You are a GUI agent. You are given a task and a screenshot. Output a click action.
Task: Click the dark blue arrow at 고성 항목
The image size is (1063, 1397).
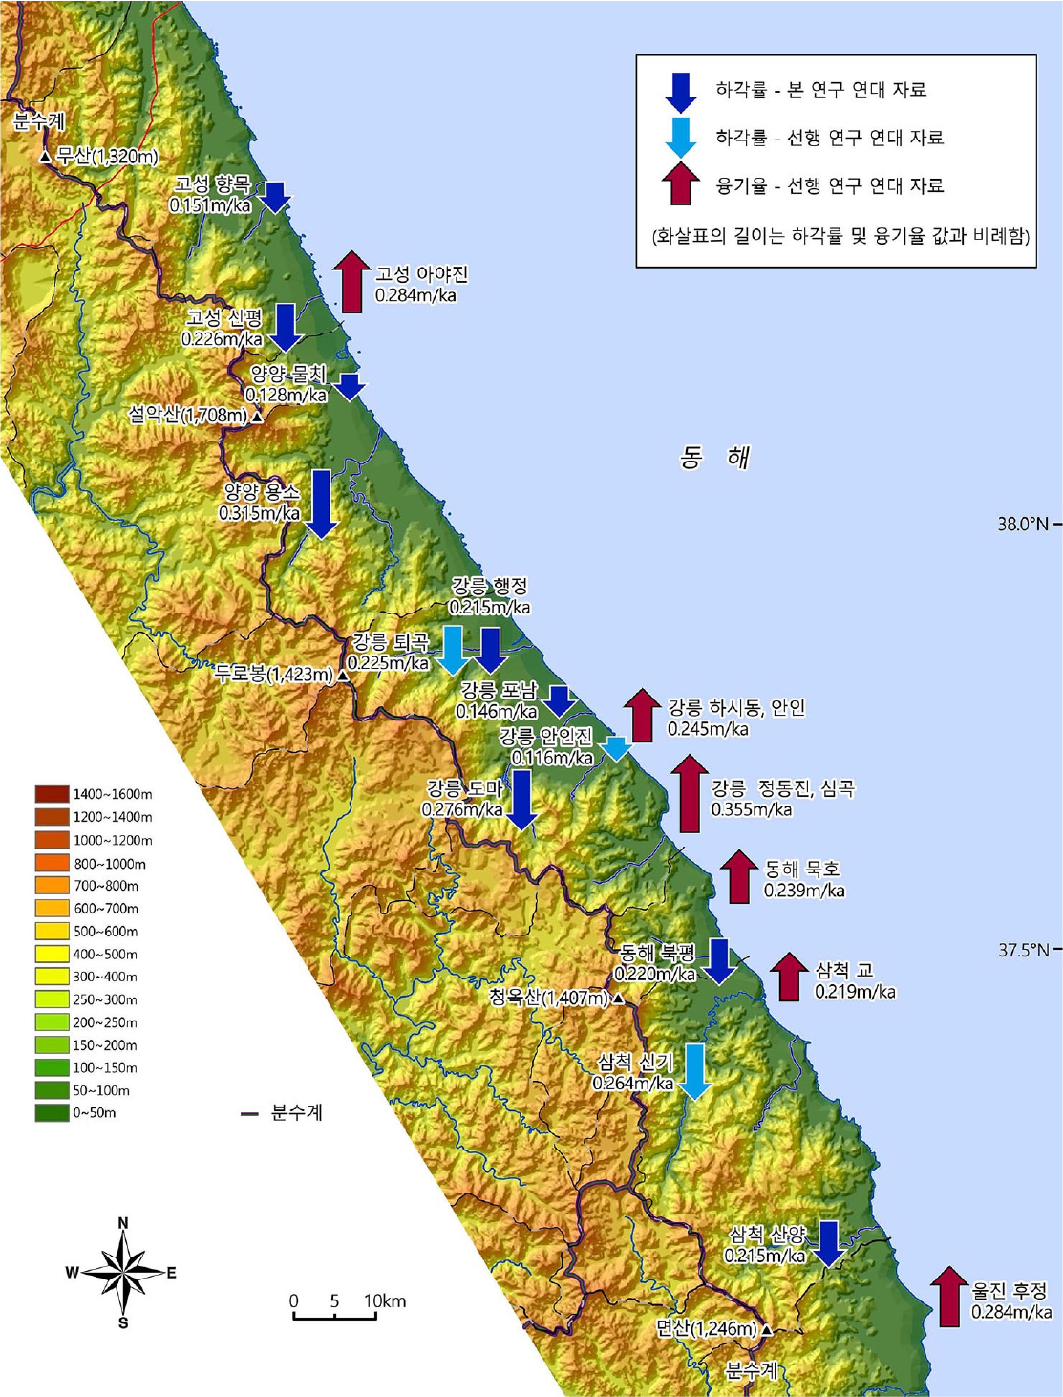[274, 196]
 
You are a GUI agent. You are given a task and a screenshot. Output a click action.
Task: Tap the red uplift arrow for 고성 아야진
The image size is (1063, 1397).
[352, 282]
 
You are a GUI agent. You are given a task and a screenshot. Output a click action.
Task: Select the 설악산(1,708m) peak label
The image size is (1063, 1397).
[188, 415]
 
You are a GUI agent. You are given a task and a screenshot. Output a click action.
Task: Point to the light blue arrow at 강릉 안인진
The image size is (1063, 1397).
[617, 748]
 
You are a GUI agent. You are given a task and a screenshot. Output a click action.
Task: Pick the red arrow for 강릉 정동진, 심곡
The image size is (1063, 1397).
[689, 793]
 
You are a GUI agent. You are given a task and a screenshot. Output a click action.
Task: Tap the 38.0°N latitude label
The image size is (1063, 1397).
[1022, 524]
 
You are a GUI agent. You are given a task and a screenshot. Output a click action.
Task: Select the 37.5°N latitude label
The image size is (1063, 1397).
[1022, 950]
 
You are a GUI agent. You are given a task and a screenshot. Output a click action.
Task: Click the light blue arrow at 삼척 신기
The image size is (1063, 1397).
[695, 1071]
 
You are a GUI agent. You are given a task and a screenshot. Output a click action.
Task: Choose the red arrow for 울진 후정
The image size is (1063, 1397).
[948, 1297]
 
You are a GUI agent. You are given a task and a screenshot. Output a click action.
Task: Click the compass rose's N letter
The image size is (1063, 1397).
[123, 1223]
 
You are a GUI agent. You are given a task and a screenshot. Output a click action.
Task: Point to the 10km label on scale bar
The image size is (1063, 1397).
[384, 1300]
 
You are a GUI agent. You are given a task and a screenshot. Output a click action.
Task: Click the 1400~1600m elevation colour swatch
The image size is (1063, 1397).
[52, 794]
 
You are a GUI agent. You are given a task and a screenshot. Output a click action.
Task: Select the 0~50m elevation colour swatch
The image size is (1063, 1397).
[52, 1112]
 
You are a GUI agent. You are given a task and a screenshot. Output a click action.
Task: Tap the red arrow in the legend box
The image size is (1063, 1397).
[681, 183]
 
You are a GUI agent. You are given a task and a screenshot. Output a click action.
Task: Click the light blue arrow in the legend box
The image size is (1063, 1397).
[681, 137]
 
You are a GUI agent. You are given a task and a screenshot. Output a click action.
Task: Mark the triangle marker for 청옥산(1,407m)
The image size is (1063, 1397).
[618, 999]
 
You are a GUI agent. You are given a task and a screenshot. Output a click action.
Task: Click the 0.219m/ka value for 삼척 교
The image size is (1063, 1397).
[855, 992]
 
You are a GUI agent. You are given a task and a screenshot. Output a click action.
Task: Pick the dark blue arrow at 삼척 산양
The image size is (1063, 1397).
[826, 1243]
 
